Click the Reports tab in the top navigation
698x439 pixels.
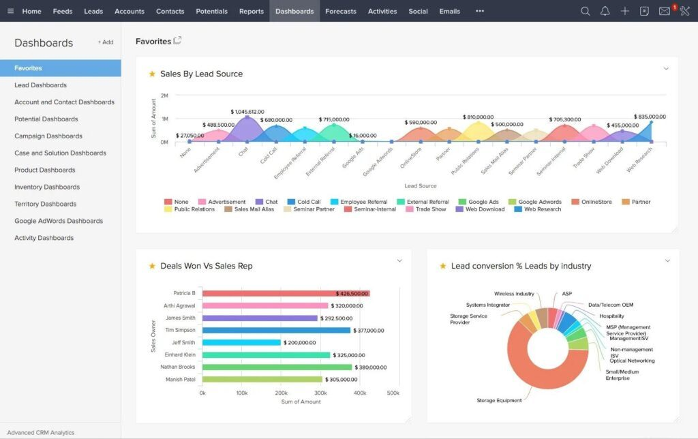[x=252, y=11]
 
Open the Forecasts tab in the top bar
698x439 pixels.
[x=340, y=11]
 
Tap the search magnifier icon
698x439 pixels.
[x=585, y=11]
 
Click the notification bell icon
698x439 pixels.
[x=605, y=11]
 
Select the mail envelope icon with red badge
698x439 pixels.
[x=664, y=11]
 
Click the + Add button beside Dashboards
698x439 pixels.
[x=106, y=42]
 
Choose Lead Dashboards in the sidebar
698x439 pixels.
[x=40, y=85]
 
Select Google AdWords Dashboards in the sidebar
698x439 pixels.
[x=59, y=221]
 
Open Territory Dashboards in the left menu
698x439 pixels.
[x=44, y=204]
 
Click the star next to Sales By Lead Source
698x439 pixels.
[x=152, y=74]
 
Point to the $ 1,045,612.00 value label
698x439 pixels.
[x=247, y=111]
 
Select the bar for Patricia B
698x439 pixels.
[x=286, y=293]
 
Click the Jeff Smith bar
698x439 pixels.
[x=241, y=342]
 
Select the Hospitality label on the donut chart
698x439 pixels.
[x=611, y=316]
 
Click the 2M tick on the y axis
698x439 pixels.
[x=164, y=95]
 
